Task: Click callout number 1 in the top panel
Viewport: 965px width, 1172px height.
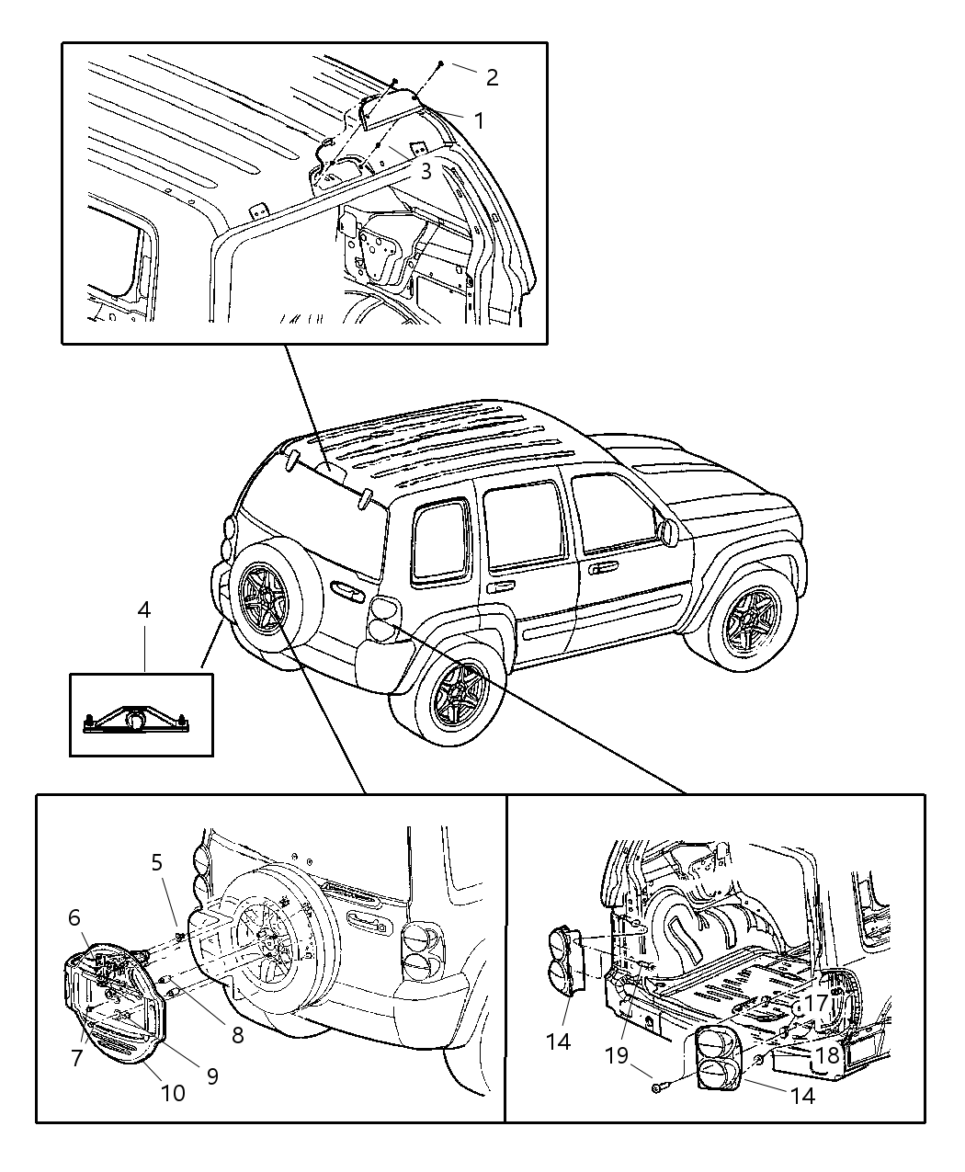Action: (479, 119)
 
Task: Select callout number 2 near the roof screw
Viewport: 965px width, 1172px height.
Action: (492, 77)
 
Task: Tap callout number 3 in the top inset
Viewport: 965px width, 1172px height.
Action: (426, 171)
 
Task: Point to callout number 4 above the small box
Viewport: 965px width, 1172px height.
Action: (144, 609)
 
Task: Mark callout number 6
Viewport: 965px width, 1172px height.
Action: (74, 916)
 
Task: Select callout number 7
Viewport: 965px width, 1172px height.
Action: (77, 1058)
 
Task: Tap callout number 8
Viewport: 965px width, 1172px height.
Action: (237, 1035)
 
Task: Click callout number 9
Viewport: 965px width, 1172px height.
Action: (212, 1075)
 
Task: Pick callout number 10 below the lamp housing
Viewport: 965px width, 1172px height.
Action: (173, 1093)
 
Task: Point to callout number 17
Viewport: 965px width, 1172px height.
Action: (816, 1003)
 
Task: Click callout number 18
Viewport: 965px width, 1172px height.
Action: (827, 1055)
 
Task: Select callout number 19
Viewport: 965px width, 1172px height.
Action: (617, 1055)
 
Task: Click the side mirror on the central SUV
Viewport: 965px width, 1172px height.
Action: (667, 530)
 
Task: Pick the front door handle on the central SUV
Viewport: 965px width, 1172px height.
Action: (603, 568)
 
